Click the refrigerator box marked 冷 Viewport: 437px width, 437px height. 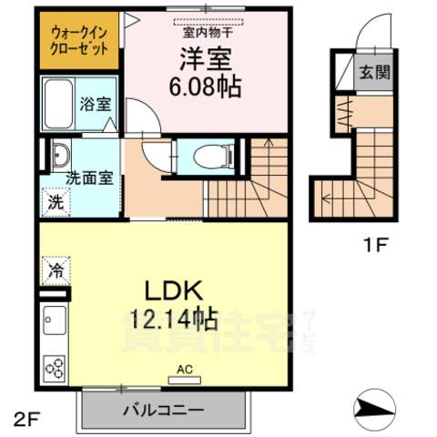coord(55,269)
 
